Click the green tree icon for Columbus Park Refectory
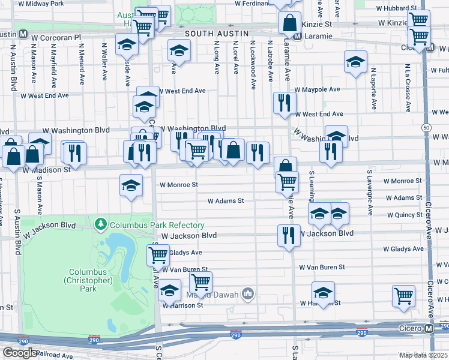(101, 225)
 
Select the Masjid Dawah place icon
(248, 293)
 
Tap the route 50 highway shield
(426, 128)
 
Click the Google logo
(20, 353)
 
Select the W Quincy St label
(405, 215)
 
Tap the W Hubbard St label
(400, 8)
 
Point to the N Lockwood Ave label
(253, 66)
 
